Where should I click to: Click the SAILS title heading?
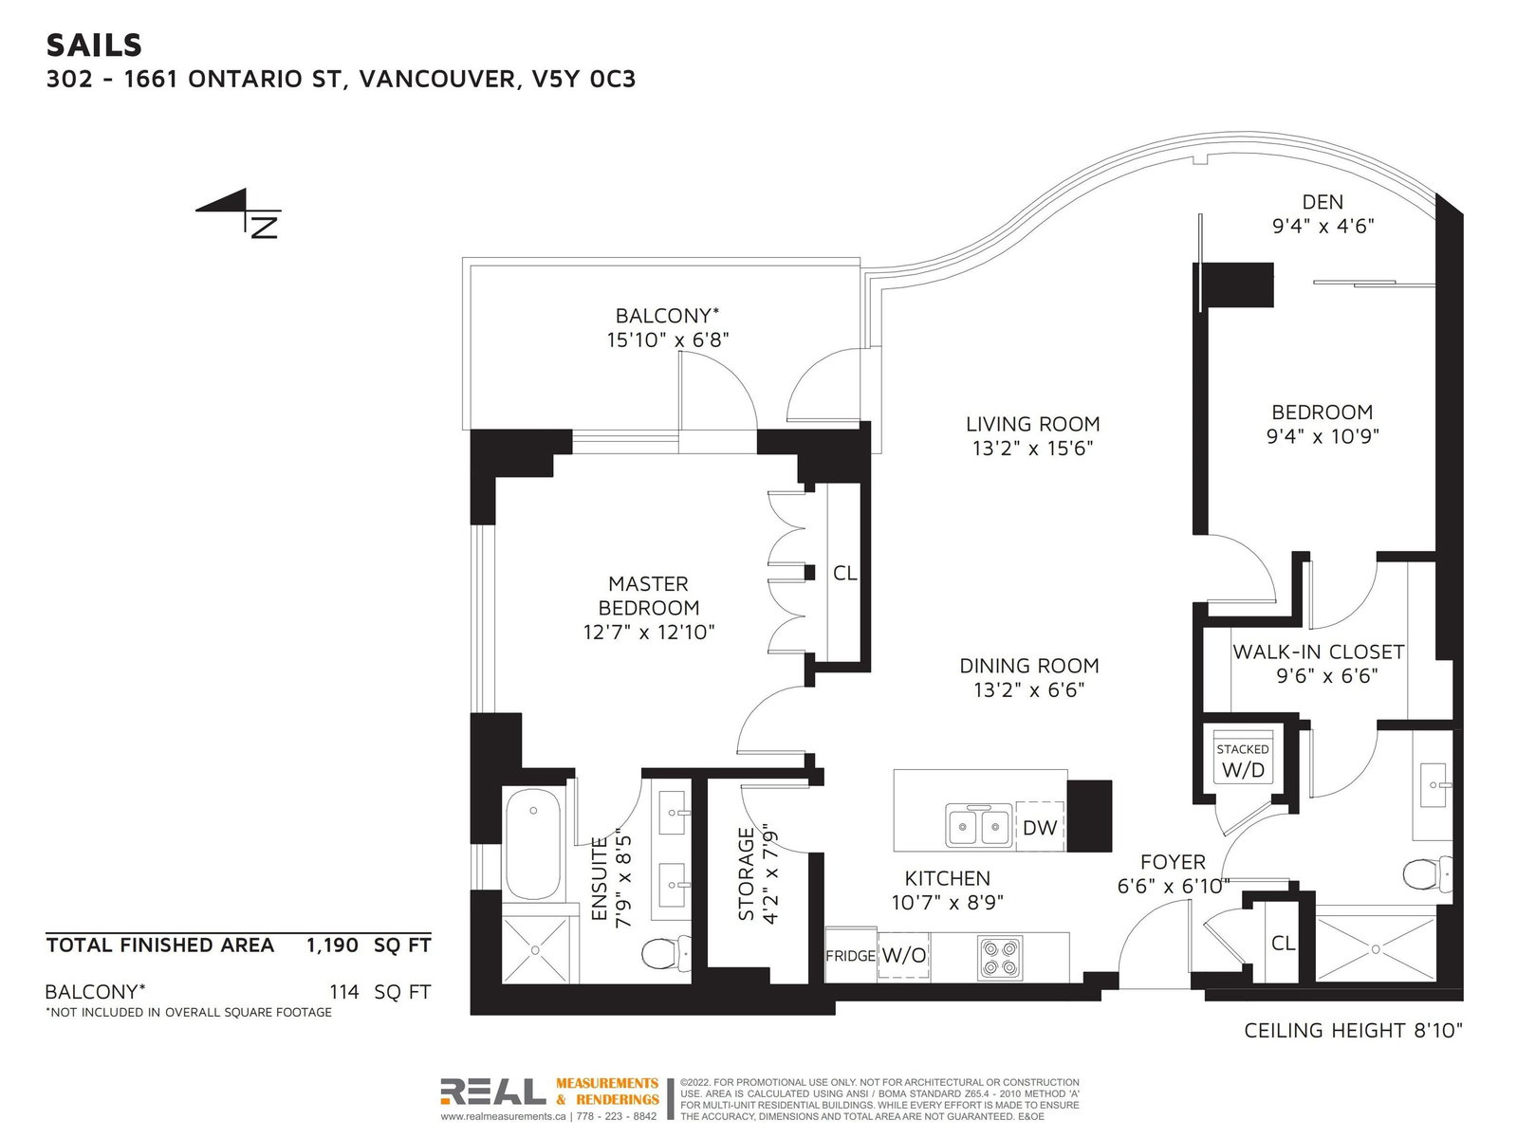pos(94,46)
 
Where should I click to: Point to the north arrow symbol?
pos(239,212)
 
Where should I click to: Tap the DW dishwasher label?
pos(1040,827)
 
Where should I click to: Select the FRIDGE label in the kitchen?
pos(851,956)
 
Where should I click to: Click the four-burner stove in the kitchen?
pos(999,957)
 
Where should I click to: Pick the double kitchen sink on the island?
pos(979,826)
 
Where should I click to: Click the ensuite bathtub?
pos(533,845)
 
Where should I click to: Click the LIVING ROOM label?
pos(1032,424)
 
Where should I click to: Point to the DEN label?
pos(1323,202)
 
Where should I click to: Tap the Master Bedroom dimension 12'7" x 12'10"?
pos(648,632)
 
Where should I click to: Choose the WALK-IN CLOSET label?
pos(1319,652)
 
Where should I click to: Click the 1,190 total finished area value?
pos(332,945)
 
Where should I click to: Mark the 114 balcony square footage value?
pos(344,992)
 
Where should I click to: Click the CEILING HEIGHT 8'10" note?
pos(1353,1030)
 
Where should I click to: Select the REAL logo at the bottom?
pos(492,1091)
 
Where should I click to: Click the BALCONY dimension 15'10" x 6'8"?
pos(668,340)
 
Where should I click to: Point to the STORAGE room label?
pos(747,874)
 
